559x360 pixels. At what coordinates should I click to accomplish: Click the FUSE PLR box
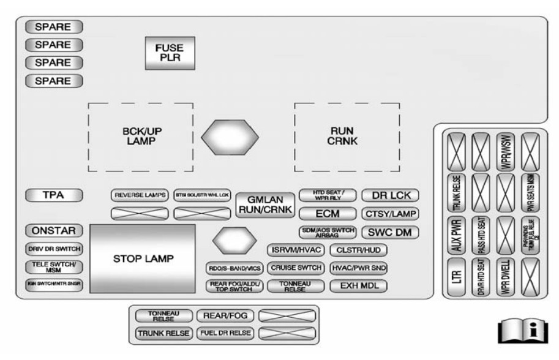coord(169,53)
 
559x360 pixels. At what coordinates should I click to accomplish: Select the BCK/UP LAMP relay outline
coord(141,136)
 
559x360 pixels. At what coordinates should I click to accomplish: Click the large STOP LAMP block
coord(143,258)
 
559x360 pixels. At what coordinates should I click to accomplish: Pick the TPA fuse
coord(54,196)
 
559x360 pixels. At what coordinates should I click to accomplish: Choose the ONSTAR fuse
coord(54,231)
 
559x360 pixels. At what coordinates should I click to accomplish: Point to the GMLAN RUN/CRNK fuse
coord(265,204)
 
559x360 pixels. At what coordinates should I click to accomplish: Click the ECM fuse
coord(328,214)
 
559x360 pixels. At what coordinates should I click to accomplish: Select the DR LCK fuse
coord(391,196)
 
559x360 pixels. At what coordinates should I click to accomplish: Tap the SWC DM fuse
coord(391,232)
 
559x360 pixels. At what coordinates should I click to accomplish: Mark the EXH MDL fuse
coord(355,286)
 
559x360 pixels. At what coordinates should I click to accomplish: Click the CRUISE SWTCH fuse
coord(296,268)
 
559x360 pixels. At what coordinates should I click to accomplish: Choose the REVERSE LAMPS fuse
coord(140,196)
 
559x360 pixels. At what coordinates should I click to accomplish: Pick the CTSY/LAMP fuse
coord(391,214)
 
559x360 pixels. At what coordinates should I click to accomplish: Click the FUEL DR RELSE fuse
coord(225,333)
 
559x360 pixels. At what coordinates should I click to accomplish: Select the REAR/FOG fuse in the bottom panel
coord(225,316)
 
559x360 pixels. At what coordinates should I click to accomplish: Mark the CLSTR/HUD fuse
coord(358,250)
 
